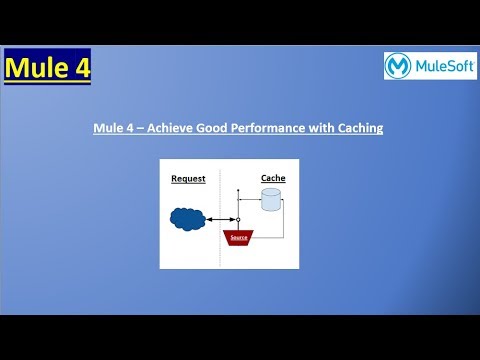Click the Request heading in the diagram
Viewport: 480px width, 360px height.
pyautogui.click(x=188, y=179)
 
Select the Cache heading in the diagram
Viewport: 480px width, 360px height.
pyautogui.click(x=273, y=178)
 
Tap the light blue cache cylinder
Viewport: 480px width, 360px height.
pyautogui.click(x=270, y=201)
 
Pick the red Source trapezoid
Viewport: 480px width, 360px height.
pyautogui.click(x=239, y=237)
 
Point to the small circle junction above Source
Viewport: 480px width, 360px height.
pyautogui.click(x=239, y=217)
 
